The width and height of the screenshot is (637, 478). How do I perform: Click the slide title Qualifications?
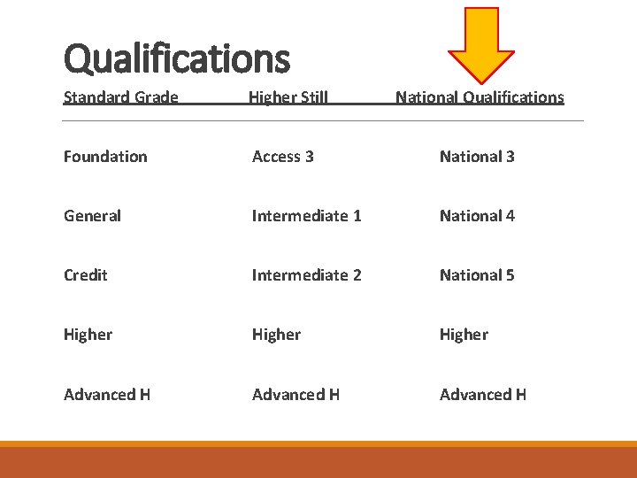(176, 59)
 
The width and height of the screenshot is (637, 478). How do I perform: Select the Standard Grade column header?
(121, 97)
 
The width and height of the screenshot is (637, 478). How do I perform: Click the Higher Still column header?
(288, 97)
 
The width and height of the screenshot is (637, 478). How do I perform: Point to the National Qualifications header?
(480, 97)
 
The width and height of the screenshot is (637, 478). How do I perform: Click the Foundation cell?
(105, 157)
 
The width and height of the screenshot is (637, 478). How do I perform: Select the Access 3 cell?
(282, 157)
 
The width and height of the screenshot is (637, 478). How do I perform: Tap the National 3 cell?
(477, 157)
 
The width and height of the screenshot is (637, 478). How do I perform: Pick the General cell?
(92, 216)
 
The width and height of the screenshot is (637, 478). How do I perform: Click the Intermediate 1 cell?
(306, 216)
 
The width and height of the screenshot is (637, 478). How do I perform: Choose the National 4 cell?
(477, 216)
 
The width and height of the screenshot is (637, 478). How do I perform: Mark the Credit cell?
(86, 275)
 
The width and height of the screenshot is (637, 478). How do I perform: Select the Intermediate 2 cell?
(306, 275)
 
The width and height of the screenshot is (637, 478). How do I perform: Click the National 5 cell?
(477, 275)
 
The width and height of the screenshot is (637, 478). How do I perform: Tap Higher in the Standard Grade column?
(88, 335)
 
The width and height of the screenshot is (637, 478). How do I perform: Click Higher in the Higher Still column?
(276, 335)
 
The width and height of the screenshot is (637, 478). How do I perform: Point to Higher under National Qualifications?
(464, 335)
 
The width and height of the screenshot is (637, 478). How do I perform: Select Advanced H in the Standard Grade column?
(107, 395)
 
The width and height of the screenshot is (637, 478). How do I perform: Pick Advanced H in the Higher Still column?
(295, 395)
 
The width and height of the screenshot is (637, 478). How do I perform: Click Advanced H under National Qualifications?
(483, 395)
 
